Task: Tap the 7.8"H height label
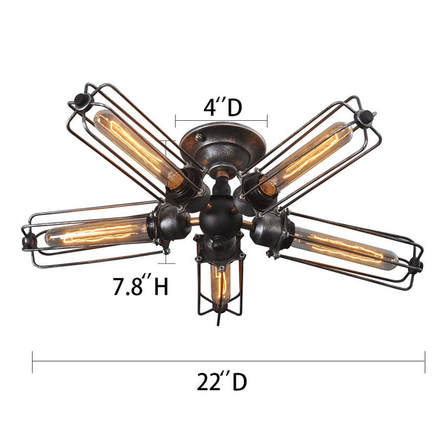click(x=141, y=286)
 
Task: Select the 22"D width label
click(x=222, y=381)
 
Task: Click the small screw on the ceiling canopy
click(x=200, y=136)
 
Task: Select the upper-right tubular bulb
click(x=307, y=158)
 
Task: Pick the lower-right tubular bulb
click(x=344, y=248)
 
